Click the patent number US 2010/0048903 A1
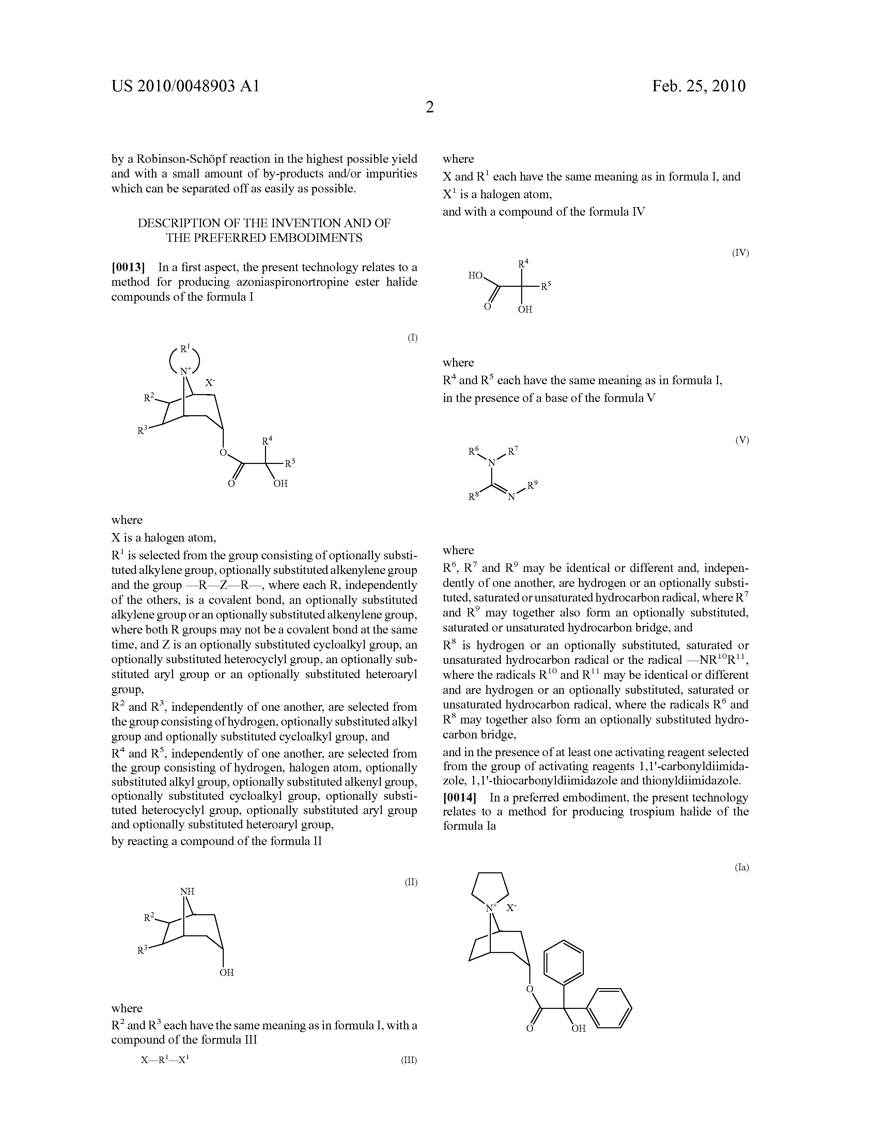[x=185, y=86]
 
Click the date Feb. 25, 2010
[x=699, y=86]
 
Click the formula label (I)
[x=412, y=338]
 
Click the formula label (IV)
[x=740, y=253]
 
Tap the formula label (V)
[x=742, y=440]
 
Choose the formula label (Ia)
[x=741, y=867]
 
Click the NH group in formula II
[x=187, y=891]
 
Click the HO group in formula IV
[x=475, y=276]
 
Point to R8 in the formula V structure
[x=473, y=497]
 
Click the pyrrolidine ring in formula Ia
[x=490, y=886]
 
